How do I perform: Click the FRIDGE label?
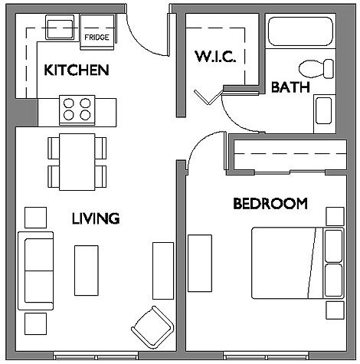coord(97,38)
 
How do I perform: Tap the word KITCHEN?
coord(77,70)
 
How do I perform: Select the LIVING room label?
coord(96,218)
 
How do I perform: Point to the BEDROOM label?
coord(270,204)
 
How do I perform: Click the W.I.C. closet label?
coord(215,57)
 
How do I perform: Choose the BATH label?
coord(290,87)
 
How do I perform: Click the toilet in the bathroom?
coord(316,69)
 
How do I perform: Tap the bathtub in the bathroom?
coord(300,31)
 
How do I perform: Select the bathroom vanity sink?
coord(324,111)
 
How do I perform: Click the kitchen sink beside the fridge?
coord(60,28)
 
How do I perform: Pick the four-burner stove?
coord(77,110)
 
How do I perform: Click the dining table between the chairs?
coord(77,162)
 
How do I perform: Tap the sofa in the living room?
coord(36,271)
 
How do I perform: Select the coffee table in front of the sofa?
coord(87,271)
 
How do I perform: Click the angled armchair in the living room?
coord(152,327)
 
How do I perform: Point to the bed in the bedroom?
coord(297,263)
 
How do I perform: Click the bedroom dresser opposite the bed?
coord(200,264)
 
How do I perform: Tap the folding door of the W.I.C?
coord(209,97)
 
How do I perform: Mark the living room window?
coord(96,356)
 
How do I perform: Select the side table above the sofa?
coord(35,218)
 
